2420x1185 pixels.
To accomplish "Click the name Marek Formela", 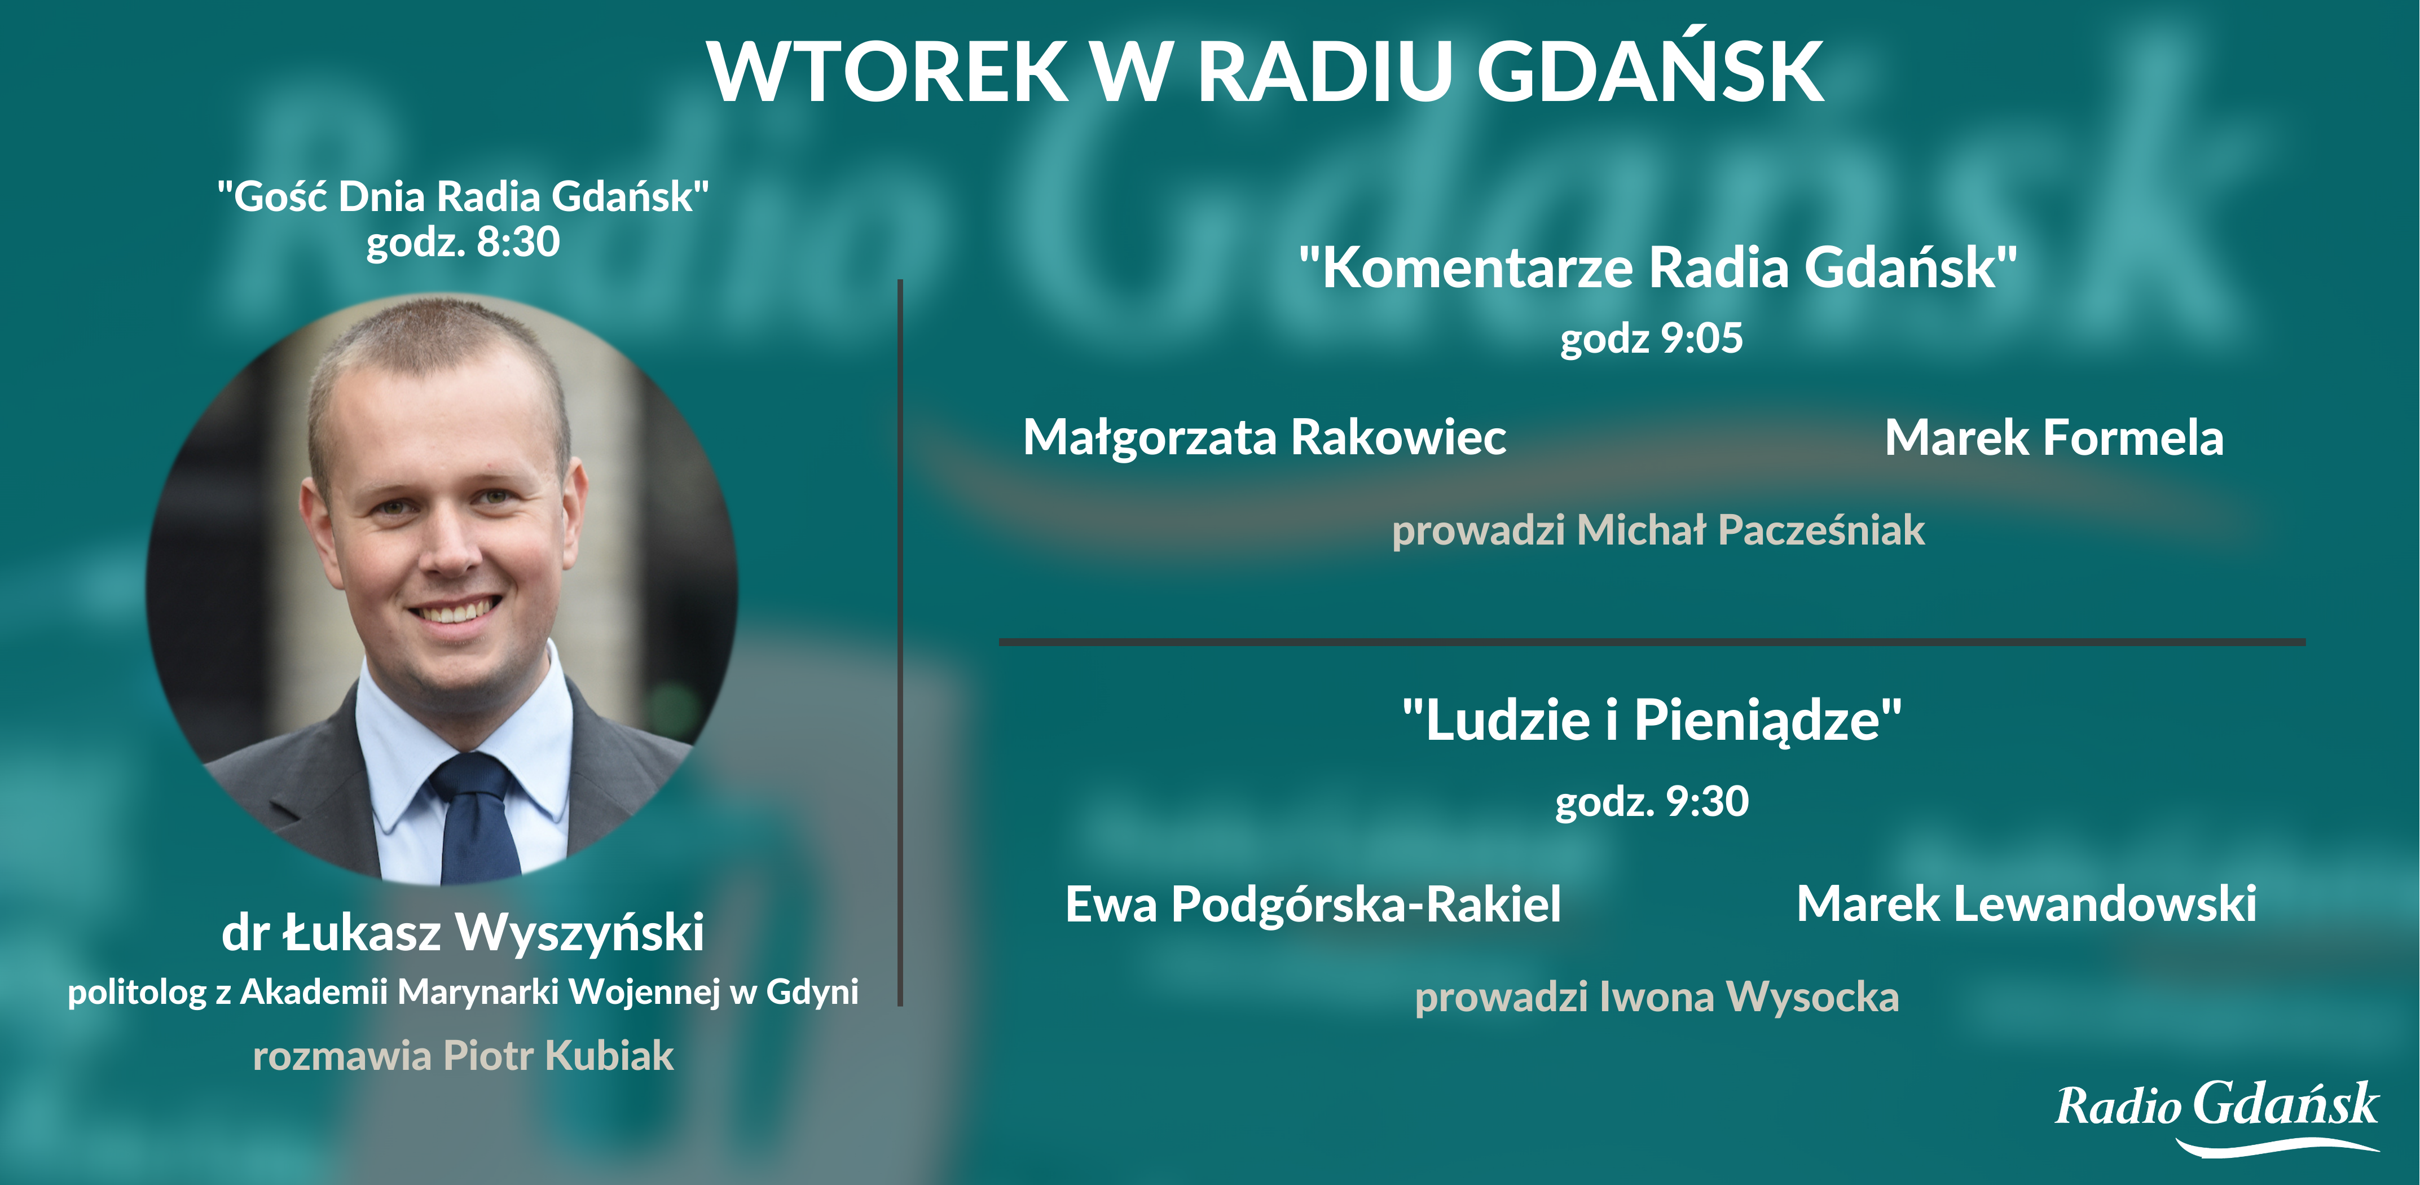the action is tap(2054, 438).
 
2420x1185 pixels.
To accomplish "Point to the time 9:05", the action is tap(1702, 339).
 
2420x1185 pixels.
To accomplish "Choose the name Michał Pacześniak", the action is tap(1751, 530).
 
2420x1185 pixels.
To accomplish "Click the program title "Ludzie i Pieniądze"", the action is tap(1652, 721).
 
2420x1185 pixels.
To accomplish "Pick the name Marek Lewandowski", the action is tap(2026, 904).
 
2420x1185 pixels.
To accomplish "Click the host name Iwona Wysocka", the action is tap(1749, 997).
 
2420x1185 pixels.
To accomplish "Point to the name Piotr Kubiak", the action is tap(558, 1055).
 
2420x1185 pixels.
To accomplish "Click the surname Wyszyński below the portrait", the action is tap(580, 933).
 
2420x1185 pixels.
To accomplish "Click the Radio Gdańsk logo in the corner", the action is tap(2217, 1116).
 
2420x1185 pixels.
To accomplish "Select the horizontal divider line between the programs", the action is tap(1652, 642).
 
